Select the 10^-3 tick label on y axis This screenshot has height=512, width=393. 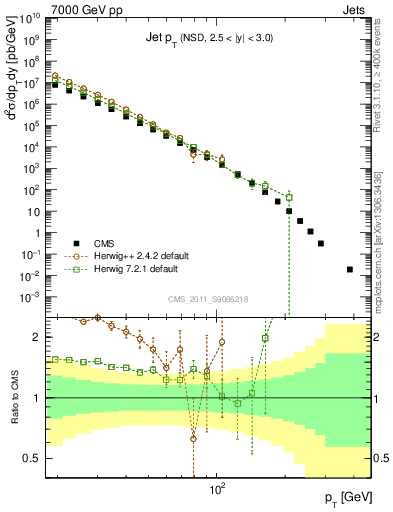29,297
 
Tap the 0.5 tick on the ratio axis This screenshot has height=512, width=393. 32,458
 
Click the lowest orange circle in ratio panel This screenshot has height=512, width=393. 193,438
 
